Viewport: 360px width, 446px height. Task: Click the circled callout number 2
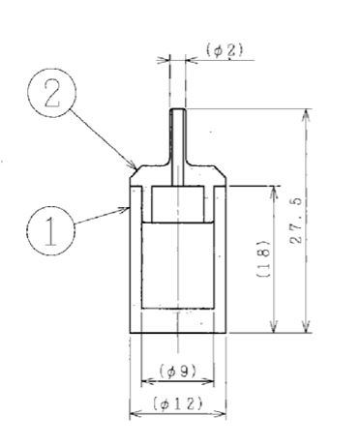(52, 93)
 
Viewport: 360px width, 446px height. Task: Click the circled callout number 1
(50, 230)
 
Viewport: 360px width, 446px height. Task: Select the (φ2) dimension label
(225, 50)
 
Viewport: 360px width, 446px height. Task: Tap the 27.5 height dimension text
(296, 220)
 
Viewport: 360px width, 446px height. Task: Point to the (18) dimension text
(263, 258)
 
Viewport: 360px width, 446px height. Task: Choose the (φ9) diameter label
(178, 372)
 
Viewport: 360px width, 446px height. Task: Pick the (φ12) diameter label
(178, 403)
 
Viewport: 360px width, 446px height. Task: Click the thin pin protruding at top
(178, 147)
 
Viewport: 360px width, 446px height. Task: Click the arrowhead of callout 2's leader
(134, 165)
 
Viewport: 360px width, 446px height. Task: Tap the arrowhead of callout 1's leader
(124, 210)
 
